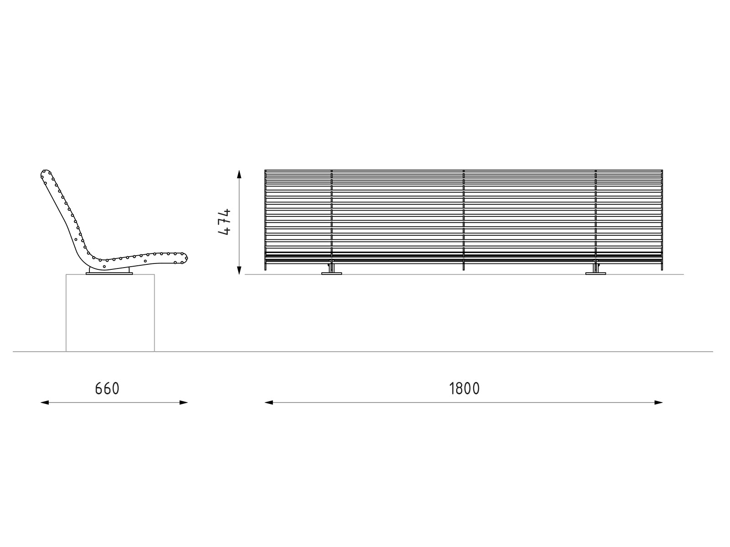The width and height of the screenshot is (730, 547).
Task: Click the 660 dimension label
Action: (x=107, y=388)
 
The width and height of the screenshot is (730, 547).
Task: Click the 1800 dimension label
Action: (x=464, y=388)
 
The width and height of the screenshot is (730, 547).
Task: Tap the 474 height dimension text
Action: (x=224, y=222)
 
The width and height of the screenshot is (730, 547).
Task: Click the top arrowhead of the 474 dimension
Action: (x=239, y=174)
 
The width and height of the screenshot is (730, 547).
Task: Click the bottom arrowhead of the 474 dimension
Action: (x=239, y=270)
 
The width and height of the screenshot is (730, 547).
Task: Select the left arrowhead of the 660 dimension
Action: (x=45, y=403)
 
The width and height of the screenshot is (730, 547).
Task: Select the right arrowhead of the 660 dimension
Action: (x=183, y=403)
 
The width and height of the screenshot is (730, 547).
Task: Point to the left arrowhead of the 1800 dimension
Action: (x=269, y=403)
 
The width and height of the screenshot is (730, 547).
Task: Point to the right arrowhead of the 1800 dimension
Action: (x=658, y=403)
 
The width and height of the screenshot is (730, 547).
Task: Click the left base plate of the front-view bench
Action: (x=332, y=273)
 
